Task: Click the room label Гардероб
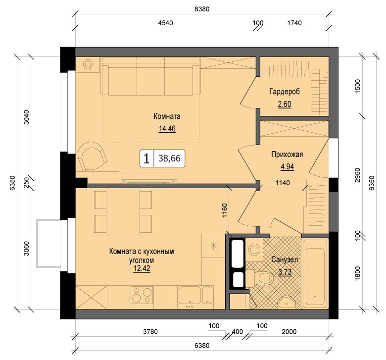(x=285, y=92)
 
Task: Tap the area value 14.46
(x=167, y=129)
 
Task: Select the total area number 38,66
(x=169, y=158)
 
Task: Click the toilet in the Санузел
(x=259, y=278)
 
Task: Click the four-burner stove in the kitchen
(x=142, y=295)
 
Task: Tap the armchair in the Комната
(x=92, y=156)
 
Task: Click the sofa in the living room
(x=150, y=76)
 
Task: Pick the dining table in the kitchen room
(x=123, y=212)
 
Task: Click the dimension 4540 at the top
(x=165, y=23)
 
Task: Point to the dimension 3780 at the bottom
(x=150, y=332)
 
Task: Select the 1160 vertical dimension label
(x=225, y=210)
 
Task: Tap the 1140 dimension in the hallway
(x=283, y=183)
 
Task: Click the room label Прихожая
(x=287, y=154)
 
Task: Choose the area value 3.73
(x=285, y=272)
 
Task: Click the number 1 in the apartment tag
(x=146, y=158)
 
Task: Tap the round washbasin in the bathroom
(x=288, y=302)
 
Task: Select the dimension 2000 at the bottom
(x=289, y=332)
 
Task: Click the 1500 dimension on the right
(x=358, y=86)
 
